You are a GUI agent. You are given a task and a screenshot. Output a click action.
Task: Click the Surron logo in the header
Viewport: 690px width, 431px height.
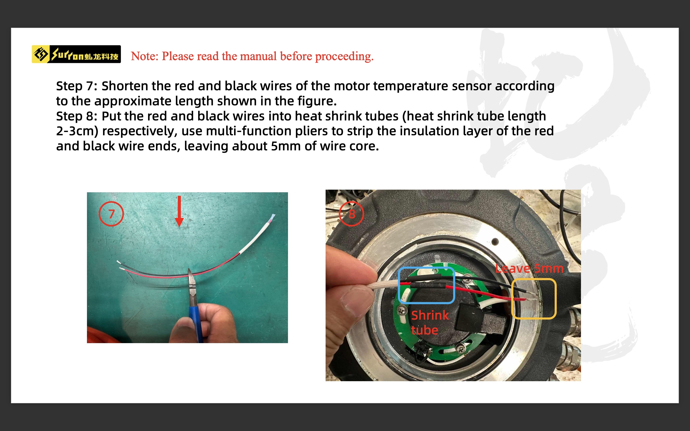(76, 54)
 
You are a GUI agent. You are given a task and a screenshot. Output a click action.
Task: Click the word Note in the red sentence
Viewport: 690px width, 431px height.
(144, 56)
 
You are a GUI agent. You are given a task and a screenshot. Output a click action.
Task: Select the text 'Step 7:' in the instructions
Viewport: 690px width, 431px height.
(77, 86)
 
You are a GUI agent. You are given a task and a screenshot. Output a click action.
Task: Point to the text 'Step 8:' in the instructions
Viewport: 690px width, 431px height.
(77, 116)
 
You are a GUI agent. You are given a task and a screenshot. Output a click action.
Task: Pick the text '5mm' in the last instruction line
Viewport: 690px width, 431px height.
(286, 146)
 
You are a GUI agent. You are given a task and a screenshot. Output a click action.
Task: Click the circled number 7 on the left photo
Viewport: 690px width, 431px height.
(111, 214)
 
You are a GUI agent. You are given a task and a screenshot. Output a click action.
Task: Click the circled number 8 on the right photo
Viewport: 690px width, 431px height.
(351, 214)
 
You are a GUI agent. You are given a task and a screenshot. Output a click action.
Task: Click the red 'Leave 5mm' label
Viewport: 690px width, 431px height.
(529, 268)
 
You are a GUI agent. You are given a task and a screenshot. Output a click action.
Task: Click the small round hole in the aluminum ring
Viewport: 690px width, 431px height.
(495, 242)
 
